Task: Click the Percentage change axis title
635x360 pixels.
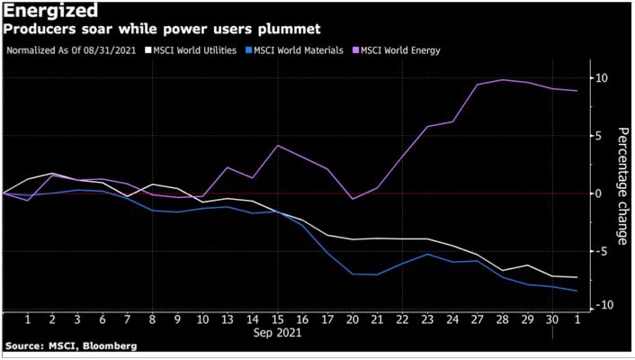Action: [x=622, y=186]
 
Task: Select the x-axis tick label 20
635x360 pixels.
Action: [x=354, y=319]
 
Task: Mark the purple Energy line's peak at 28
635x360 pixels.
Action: [x=503, y=80]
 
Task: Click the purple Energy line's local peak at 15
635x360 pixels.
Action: [x=278, y=145]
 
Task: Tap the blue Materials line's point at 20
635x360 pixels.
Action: [x=354, y=274]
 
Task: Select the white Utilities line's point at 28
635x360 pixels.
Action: [x=503, y=270]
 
